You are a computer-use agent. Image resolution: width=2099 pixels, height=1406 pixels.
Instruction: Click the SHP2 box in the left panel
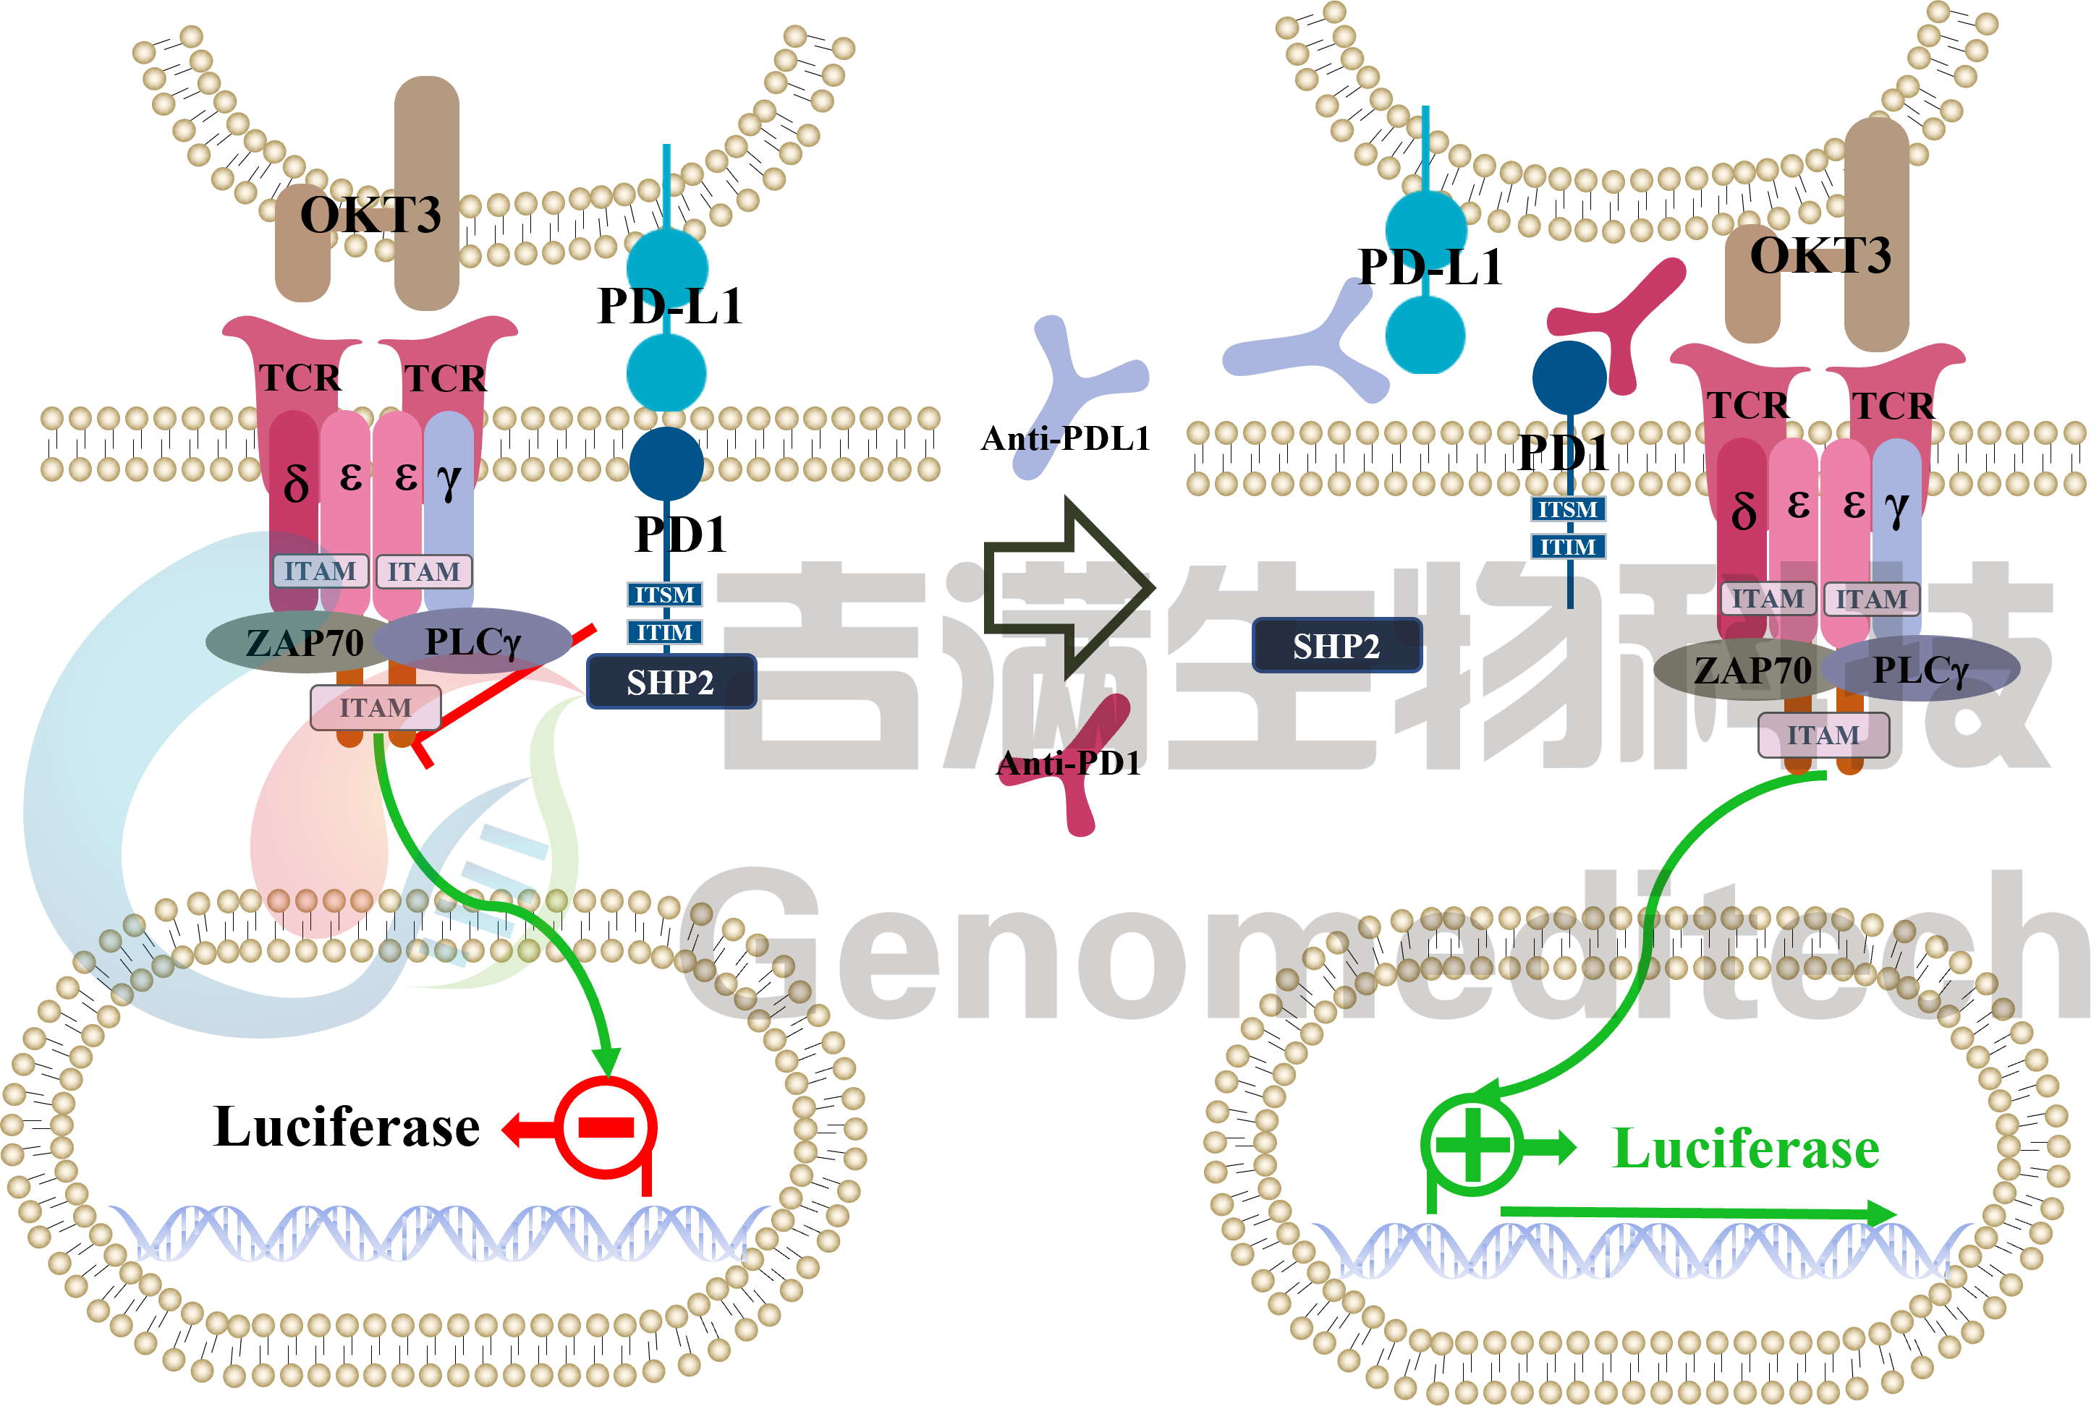pyautogui.click(x=671, y=681)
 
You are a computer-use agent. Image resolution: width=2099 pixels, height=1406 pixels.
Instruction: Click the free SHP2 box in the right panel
pyautogui.click(x=1336, y=644)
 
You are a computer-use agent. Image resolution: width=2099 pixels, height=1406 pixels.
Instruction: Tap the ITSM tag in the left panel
pyautogui.click(x=663, y=595)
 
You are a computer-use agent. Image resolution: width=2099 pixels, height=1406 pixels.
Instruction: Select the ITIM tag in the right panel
pyautogui.click(x=1567, y=546)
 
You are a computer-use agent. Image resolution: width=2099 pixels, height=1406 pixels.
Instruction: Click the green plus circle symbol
pyautogui.click(x=1472, y=1144)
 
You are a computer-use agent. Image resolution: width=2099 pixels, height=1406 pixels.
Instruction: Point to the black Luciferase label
pyautogui.click(x=347, y=1126)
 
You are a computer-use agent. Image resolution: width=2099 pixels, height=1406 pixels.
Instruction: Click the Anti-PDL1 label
pyautogui.click(x=1066, y=438)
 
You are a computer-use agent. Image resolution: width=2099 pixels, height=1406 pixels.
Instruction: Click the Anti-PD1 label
pyautogui.click(x=1069, y=763)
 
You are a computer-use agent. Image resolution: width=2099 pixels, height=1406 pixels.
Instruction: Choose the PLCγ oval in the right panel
pyautogui.click(x=1920, y=669)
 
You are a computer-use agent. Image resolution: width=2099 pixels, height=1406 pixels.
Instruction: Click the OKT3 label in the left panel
pyautogui.click(x=370, y=216)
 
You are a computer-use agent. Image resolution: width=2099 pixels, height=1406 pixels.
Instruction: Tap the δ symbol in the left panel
pyautogui.click(x=295, y=482)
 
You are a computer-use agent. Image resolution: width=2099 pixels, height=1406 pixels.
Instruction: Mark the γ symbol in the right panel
pyautogui.click(x=1896, y=508)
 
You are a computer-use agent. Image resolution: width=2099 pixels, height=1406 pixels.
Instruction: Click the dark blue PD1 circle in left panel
pyautogui.click(x=666, y=464)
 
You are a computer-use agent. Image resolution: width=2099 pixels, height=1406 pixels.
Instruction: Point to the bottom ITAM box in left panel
pyautogui.click(x=376, y=707)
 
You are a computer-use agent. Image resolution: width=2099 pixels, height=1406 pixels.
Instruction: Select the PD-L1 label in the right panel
pyautogui.click(x=1430, y=267)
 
